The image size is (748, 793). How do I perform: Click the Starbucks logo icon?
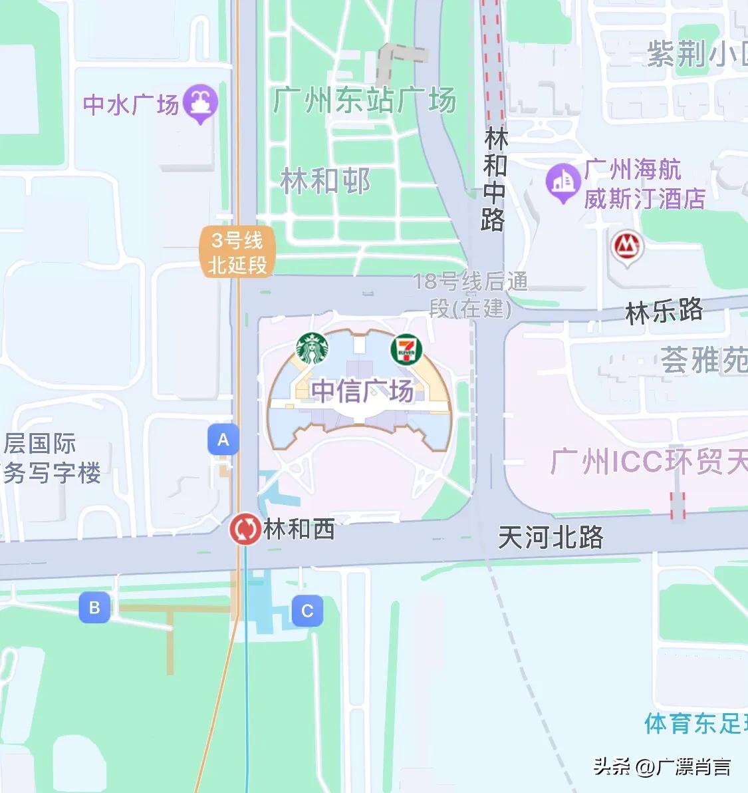pyautogui.click(x=312, y=349)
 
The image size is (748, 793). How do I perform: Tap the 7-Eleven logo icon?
pyautogui.click(x=406, y=349)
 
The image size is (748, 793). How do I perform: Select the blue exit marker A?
pyautogui.click(x=223, y=439)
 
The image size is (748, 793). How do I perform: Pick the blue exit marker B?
pyautogui.click(x=94, y=607)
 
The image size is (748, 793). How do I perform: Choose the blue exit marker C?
pyautogui.click(x=307, y=611)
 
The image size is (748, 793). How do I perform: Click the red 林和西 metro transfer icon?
pyautogui.click(x=245, y=530)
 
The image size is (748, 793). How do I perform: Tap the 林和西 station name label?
pyautogui.click(x=299, y=530)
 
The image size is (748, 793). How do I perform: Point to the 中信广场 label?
pyautogui.click(x=362, y=391)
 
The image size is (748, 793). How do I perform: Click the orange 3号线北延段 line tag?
pyautogui.click(x=237, y=253)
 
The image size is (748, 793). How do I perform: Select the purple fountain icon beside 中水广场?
pyautogui.click(x=200, y=104)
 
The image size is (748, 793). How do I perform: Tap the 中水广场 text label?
pyautogui.click(x=131, y=104)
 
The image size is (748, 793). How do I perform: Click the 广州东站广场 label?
pyautogui.click(x=364, y=100)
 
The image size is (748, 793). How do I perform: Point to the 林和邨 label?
pyautogui.click(x=325, y=181)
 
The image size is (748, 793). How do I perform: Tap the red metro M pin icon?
pyautogui.click(x=627, y=247)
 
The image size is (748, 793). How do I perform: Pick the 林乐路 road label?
pyautogui.click(x=664, y=311)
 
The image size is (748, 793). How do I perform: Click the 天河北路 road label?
pyautogui.click(x=551, y=537)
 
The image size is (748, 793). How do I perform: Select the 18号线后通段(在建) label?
pyautogui.click(x=471, y=295)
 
